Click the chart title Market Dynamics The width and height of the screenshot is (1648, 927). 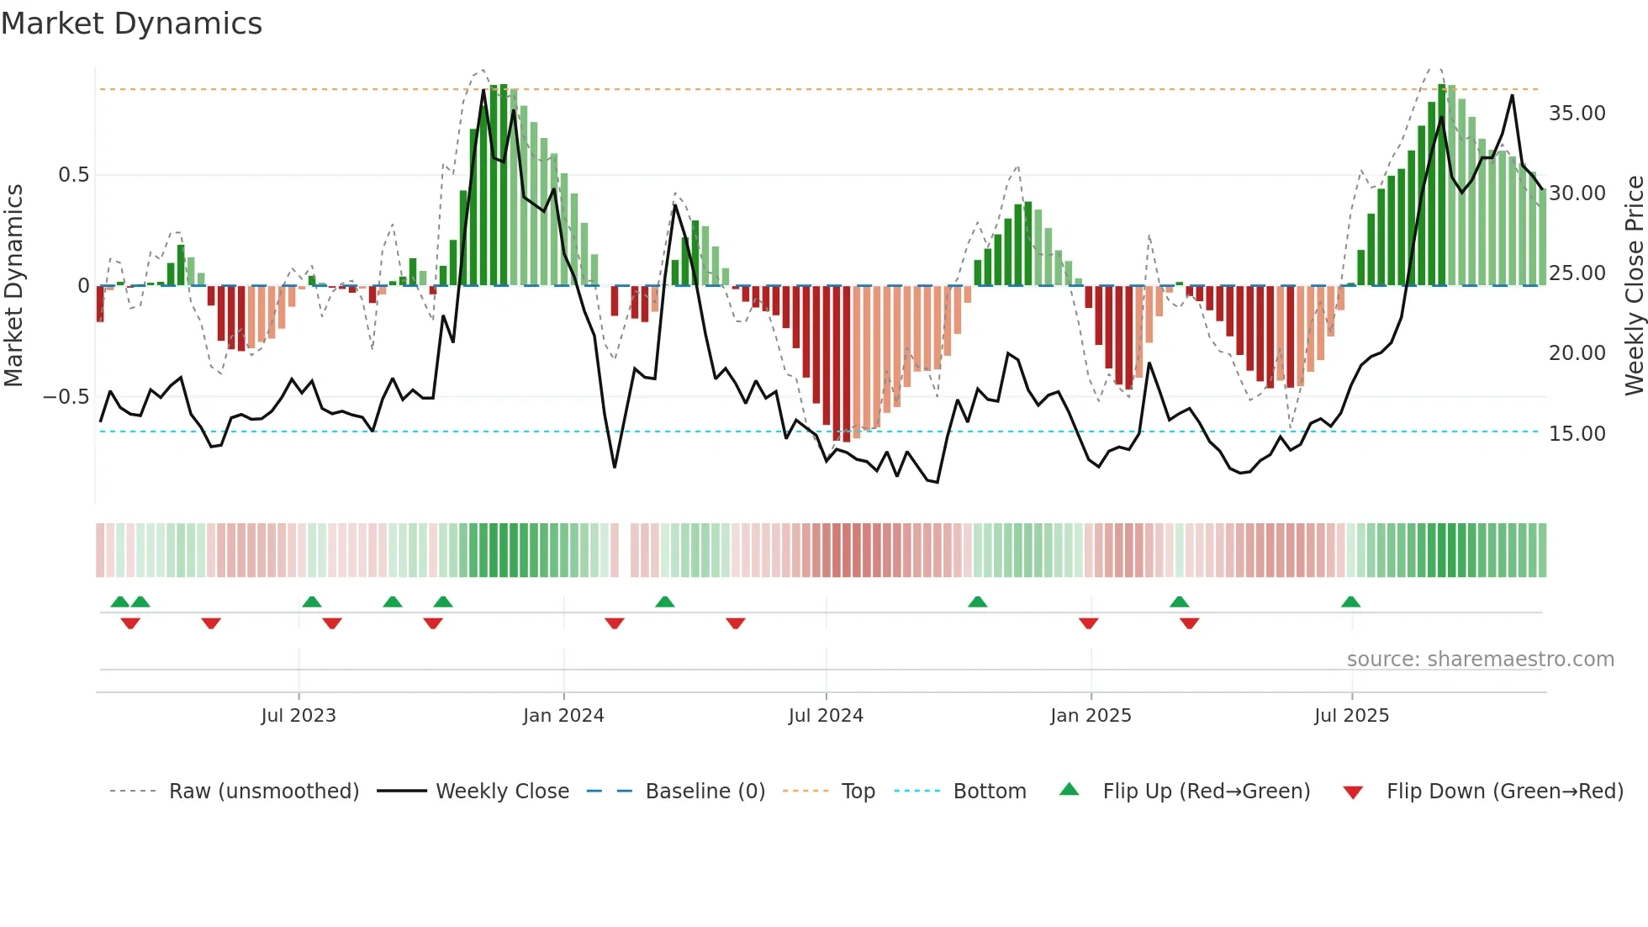[131, 24]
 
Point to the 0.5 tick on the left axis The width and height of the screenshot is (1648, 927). [73, 175]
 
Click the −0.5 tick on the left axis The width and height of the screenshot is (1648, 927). [66, 397]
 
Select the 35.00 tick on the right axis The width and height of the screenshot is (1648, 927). [1577, 114]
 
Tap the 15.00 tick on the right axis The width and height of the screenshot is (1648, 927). [1577, 434]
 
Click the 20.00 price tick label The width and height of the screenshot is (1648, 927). [1577, 353]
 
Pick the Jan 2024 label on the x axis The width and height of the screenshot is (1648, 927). [563, 716]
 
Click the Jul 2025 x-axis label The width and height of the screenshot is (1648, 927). [1351, 716]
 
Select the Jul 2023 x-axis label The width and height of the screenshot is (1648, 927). [298, 716]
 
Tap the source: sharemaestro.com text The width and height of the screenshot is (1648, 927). [1480, 659]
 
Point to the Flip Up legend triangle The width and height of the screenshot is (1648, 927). [1069, 790]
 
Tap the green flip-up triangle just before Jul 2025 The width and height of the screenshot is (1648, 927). [1350, 602]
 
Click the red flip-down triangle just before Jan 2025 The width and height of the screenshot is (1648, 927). [1088, 623]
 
